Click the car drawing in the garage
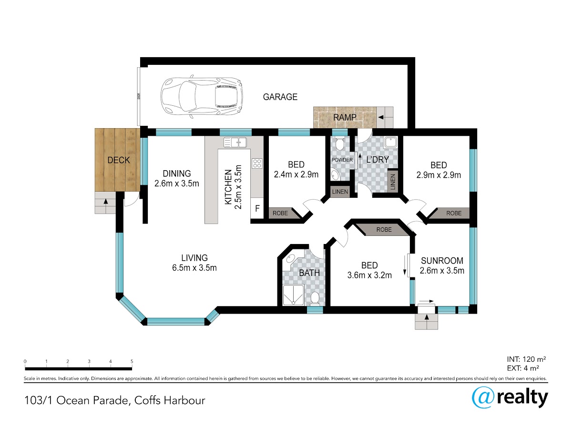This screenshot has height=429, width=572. pyautogui.click(x=202, y=97)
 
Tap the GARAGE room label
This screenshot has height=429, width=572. pyautogui.click(x=280, y=97)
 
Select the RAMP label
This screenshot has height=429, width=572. pyautogui.click(x=345, y=117)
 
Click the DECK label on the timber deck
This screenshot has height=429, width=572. pyautogui.click(x=119, y=160)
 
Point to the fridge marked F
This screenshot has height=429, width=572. pyautogui.click(x=257, y=208)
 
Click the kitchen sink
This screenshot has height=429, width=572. pyautogui.click(x=235, y=143)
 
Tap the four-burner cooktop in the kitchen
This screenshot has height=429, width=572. pyautogui.click(x=257, y=163)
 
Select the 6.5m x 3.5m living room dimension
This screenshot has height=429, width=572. pyautogui.click(x=194, y=268)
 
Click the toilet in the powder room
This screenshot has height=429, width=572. pyautogui.click(x=339, y=144)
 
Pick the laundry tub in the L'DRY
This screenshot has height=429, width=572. pyautogui.click(x=390, y=143)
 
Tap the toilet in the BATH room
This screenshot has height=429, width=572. pyautogui.click(x=315, y=298)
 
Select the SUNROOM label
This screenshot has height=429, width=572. pyautogui.click(x=442, y=260)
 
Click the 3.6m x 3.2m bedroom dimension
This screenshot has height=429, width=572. pyautogui.click(x=369, y=276)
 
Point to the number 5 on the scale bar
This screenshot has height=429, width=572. pyautogui.click(x=132, y=361)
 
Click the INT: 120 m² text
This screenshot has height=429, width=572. pyautogui.click(x=526, y=359)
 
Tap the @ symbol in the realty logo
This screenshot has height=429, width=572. pyautogui.click(x=483, y=398)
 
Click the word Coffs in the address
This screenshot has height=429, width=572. pyautogui.click(x=147, y=400)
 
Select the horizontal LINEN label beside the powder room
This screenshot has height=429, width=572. pyautogui.click(x=340, y=192)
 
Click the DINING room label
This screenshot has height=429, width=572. pyautogui.click(x=177, y=174)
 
